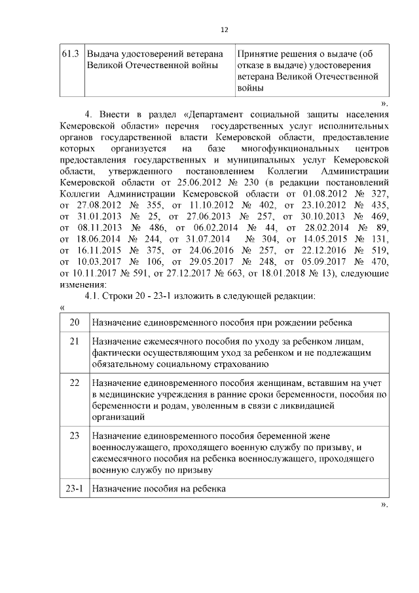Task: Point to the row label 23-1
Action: pyautogui.click(x=74, y=489)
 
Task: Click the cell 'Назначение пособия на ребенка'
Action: pyautogui.click(x=158, y=489)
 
